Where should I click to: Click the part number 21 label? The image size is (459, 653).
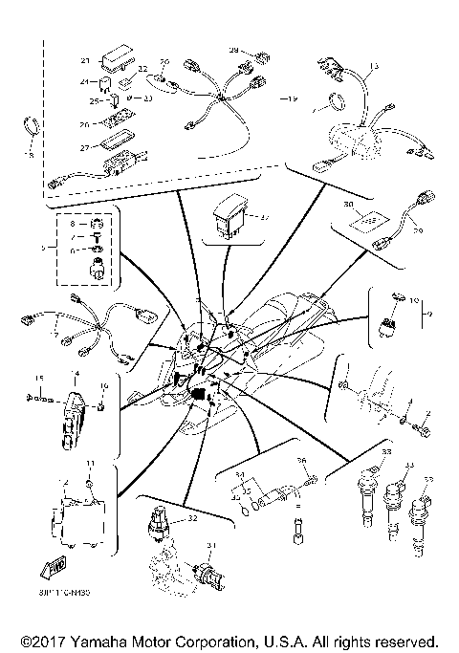point(85,60)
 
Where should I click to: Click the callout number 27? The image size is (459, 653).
point(84,146)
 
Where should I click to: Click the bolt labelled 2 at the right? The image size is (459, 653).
point(426,431)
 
